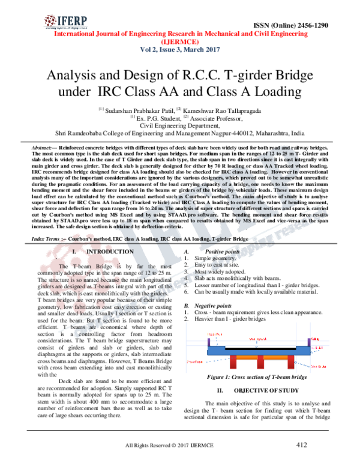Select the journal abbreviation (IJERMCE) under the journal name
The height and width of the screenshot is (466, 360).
pos(179,43)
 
